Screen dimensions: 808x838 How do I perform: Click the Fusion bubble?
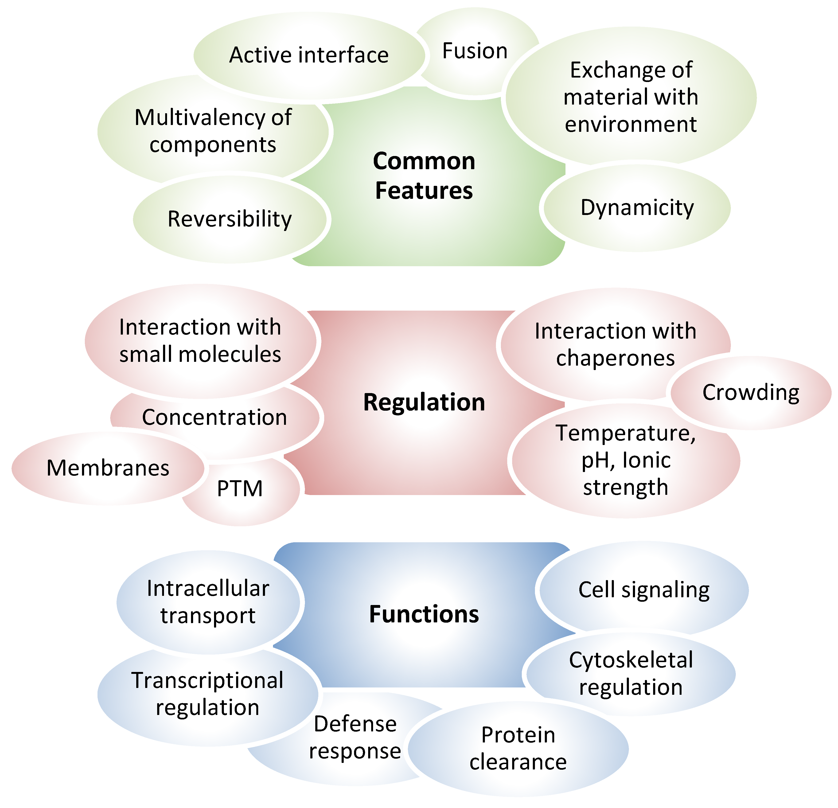475,51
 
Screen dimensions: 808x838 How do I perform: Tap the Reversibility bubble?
230,219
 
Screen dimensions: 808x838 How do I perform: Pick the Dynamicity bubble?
637,208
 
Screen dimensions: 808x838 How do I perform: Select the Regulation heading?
424,402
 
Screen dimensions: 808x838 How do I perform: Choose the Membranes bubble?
108,468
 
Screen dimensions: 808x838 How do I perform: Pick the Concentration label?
214,417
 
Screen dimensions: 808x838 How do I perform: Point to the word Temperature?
626,433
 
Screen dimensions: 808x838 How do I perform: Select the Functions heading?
424,614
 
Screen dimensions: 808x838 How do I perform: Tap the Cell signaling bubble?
644,590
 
